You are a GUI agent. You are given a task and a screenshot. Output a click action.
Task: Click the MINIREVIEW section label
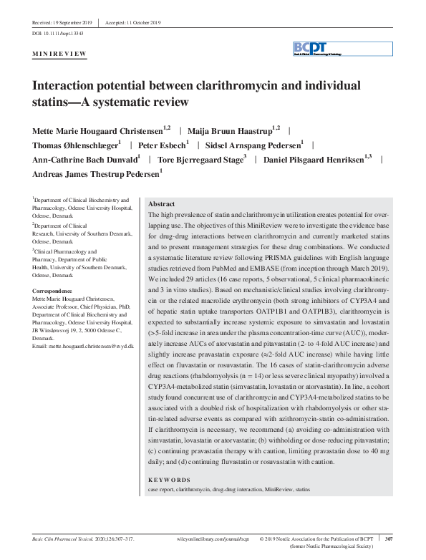60,54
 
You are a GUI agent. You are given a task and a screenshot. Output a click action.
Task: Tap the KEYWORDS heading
170,479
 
